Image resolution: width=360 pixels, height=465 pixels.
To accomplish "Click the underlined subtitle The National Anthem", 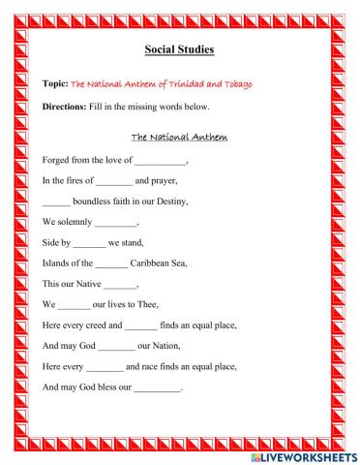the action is (x=179, y=138).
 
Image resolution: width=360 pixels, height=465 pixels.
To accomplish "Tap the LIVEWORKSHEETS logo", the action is (x=302, y=454).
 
